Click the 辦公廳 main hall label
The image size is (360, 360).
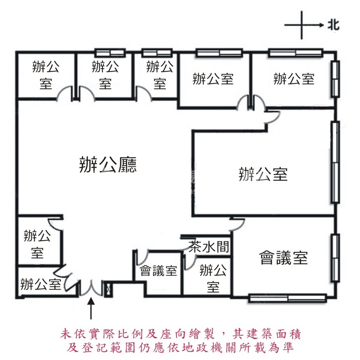pyautogui.click(x=108, y=165)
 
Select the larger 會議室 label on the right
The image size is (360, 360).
pyautogui.click(x=283, y=258)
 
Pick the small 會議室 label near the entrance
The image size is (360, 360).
pyautogui.click(x=158, y=270)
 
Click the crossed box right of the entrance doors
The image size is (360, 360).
pyautogui.click(x=108, y=288)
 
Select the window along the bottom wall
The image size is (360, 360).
pyautogui.click(x=288, y=297)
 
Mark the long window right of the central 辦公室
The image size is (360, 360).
pyautogui.click(x=334, y=162)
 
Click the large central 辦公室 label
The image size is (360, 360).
pyautogui.click(x=263, y=174)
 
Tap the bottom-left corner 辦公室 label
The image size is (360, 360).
pyautogui.click(x=40, y=284)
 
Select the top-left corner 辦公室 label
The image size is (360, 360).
pyautogui.click(x=46, y=75)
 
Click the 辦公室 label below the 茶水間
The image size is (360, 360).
pyautogui.click(x=212, y=279)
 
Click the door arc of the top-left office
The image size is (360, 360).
pyautogui.click(x=65, y=93)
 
